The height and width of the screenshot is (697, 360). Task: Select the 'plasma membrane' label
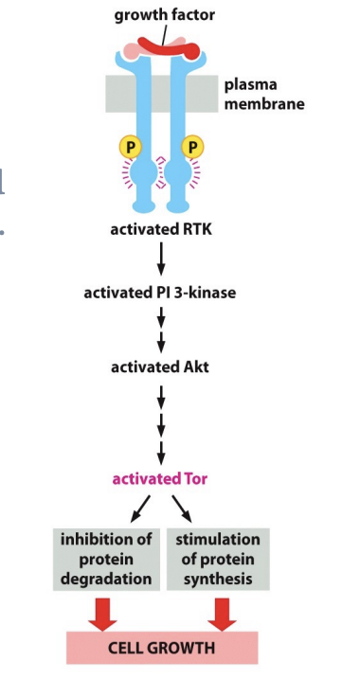click(263, 93)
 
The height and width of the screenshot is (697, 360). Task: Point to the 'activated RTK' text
click(160, 228)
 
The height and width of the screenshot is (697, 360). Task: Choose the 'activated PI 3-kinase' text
click(160, 293)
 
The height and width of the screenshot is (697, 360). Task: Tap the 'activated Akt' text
click(160, 366)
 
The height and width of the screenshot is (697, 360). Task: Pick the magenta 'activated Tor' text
click(160, 478)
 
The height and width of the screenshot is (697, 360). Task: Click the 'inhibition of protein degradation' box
click(107, 559)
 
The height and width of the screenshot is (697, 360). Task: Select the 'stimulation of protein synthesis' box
click(218, 559)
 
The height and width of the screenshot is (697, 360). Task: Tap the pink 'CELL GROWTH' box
click(161, 648)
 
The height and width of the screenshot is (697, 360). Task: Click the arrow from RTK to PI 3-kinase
click(161, 259)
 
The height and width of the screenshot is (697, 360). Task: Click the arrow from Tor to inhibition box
click(141, 508)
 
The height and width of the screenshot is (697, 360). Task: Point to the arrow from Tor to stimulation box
click(181, 508)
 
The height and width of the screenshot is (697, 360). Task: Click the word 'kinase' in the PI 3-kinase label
click(212, 293)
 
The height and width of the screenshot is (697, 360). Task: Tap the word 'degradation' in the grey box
click(107, 578)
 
